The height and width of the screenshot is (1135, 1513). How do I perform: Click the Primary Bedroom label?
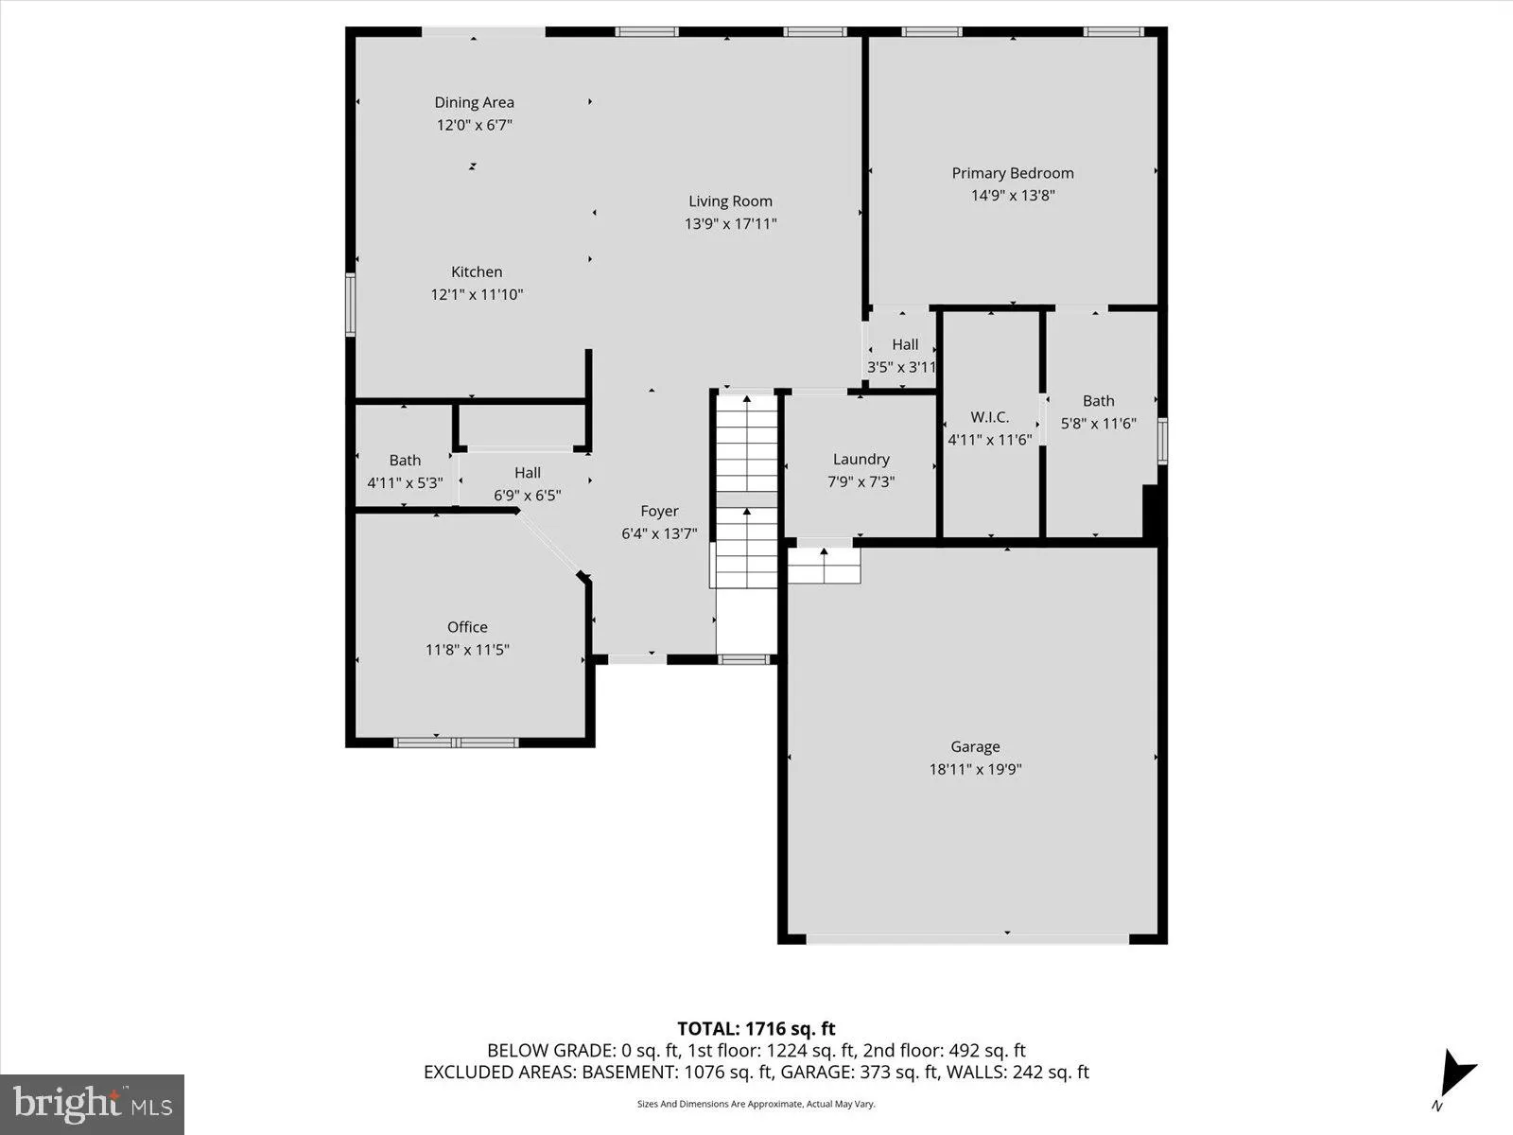coord(1012,173)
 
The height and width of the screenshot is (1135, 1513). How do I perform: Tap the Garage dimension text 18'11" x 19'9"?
coord(975,769)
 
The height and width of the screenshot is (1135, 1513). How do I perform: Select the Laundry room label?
coord(861,459)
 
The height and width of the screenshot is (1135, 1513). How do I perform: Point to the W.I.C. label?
coord(989,417)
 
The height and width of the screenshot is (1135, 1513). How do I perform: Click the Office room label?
coord(467,627)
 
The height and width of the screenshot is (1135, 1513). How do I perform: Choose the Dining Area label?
coord(474,102)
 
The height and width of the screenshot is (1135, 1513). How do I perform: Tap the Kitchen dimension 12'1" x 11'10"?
coord(477,294)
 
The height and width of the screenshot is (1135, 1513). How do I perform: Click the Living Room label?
coord(730,201)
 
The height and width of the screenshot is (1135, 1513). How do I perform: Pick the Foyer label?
coord(659,511)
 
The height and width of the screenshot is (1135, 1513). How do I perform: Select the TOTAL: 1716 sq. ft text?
coord(756,1028)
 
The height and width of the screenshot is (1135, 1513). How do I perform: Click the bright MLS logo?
coord(93,1104)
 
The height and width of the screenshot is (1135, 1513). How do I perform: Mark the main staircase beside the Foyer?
coord(746,492)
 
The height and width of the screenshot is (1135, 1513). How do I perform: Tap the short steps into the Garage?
coord(824,565)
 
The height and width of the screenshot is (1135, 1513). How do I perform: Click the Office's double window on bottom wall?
coord(456,742)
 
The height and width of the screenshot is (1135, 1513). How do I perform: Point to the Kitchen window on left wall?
coord(350,305)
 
